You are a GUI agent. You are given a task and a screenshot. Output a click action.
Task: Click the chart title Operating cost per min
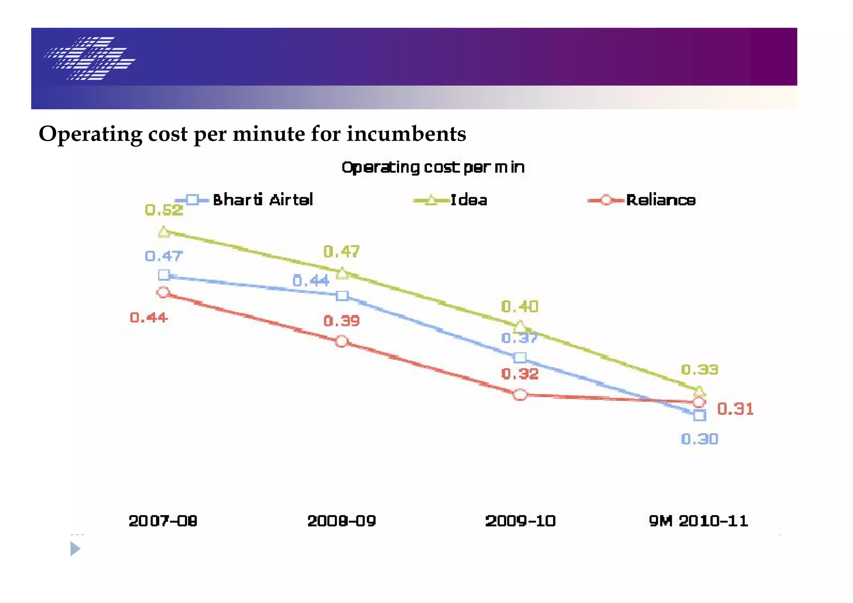point(433,167)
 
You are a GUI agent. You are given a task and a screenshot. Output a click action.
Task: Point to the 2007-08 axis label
point(163,521)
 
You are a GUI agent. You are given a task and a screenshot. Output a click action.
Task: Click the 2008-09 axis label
point(342,521)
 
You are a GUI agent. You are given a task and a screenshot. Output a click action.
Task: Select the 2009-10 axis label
point(520,521)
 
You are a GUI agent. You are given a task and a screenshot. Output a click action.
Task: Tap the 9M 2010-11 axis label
point(698,521)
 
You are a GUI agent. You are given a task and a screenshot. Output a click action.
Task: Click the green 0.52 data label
point(164,210)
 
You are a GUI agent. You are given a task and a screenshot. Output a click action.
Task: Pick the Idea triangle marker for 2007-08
point(164,232)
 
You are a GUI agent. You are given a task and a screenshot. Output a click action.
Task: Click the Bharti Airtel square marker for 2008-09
point(342,296)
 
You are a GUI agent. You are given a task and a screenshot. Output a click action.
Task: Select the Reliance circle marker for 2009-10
point(520,394)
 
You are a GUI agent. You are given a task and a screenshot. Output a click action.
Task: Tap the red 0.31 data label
point(735,409)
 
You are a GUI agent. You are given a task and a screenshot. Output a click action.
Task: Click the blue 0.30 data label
point(699,439)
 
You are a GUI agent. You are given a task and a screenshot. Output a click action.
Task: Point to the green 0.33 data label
point(699,370)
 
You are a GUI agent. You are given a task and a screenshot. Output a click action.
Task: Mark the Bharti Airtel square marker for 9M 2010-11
point(700,415)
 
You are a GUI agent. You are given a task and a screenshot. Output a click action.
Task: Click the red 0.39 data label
point(342,321)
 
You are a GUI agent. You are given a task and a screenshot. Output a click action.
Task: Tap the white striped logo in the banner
point(90,58)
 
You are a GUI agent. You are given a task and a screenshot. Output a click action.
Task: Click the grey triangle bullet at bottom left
point(75,549)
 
